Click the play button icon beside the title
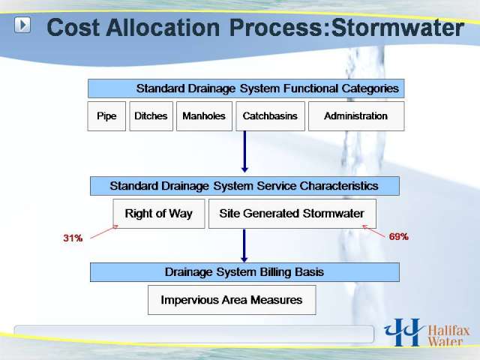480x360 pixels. point(22,25)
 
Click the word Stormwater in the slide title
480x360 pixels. point(397,28)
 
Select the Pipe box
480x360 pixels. point(106,116)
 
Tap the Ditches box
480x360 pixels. point(151,116)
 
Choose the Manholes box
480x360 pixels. point(204,116)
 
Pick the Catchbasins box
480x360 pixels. point(270,116)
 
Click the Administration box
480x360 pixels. point(356,116)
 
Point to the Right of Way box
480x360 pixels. point(159,214)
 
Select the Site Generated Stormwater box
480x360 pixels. point(292,214)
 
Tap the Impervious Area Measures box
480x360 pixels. point(232,300)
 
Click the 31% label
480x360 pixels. point(73,238)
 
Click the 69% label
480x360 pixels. point(398,237)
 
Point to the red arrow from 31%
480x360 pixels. point(104,232)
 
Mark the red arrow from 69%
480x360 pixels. point(373,232)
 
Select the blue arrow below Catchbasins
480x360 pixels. point(244,151)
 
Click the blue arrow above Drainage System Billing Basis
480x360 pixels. point(244,246)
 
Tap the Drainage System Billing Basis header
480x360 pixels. point(244,272)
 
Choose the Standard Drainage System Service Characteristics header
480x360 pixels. point(244,186)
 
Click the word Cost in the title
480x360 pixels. point(73,28)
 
